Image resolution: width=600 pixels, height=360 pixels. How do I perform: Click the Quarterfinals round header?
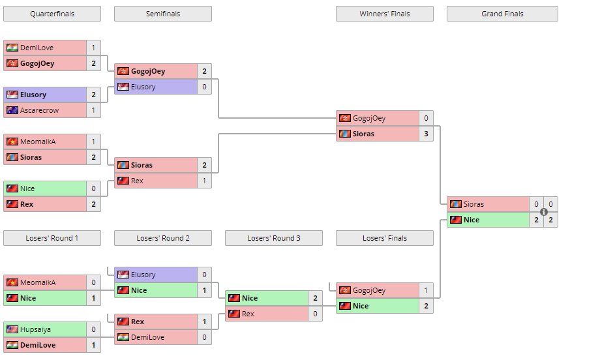(x=52, y=14)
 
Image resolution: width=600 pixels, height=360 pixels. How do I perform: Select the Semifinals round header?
(x=163, y=14)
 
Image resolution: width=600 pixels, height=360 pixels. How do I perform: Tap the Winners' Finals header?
(x=385, y=14)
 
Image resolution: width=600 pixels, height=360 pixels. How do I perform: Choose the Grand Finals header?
(x=502, y=14)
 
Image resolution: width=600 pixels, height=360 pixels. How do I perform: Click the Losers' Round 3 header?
(x=274, y=238)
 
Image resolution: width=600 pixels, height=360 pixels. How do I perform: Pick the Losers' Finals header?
(x=385, y=238)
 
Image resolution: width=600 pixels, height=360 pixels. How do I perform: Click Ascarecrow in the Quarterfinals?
(x=39, y=110)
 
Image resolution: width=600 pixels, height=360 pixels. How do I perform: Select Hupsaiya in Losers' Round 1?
(x=37, y=329)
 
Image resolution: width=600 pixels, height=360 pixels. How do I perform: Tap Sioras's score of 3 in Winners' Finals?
(x=426, y=134)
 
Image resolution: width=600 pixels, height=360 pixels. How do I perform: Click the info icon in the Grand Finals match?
(x=543, y=212)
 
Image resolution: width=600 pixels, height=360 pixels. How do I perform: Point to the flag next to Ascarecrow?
(x=12, y=110)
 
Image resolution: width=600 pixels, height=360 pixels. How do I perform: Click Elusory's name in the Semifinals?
(x=143, y=87)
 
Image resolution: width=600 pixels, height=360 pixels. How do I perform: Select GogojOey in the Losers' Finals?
(x=369, y=290)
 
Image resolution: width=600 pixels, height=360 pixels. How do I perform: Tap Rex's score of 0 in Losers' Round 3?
(x=315, y=314)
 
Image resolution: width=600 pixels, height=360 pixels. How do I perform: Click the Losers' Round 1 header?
(x=52, y=238)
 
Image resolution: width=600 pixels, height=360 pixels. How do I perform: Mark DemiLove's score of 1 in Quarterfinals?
(x=93, y=48)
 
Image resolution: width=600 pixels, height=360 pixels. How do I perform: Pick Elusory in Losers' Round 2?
(x=143, y=275)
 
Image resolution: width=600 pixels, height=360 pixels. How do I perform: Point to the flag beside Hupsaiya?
(x=12, y=329)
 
